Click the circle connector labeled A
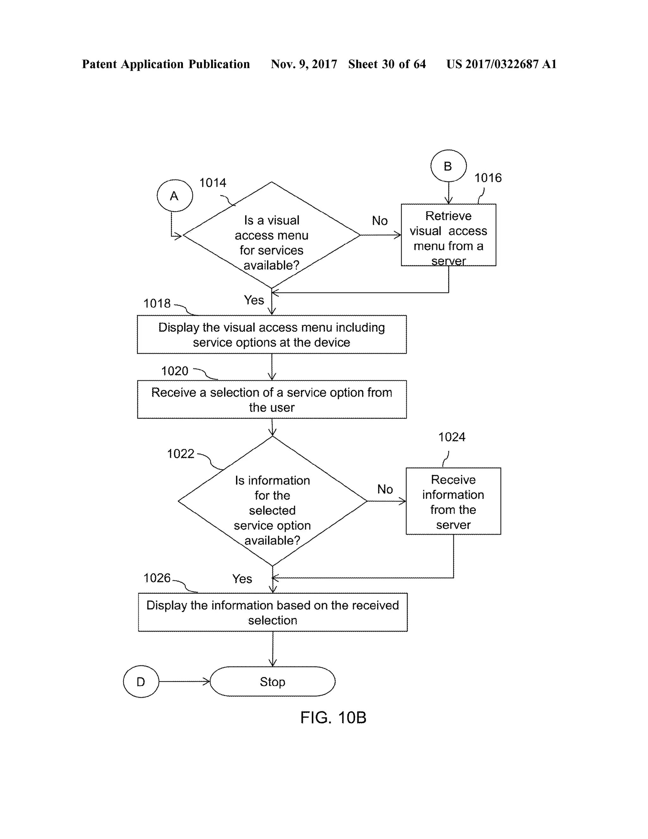(175, 196)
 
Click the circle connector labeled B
(448, 166)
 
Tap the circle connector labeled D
(141, 682)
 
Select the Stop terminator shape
(272, 682)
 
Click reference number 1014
(213, 183)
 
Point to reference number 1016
(488, 178)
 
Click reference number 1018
(157, 304)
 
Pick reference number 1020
(175, 371)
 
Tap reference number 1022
(180, 454)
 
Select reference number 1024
(452, 437)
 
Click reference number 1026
(157, 578)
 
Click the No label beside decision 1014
(380, 221)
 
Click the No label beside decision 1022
(385, 489)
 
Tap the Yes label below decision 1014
(254, 300)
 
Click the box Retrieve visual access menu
(448, 235)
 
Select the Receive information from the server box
(453, 501)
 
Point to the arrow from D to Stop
(184, 682)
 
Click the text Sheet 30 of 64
(387, 64)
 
